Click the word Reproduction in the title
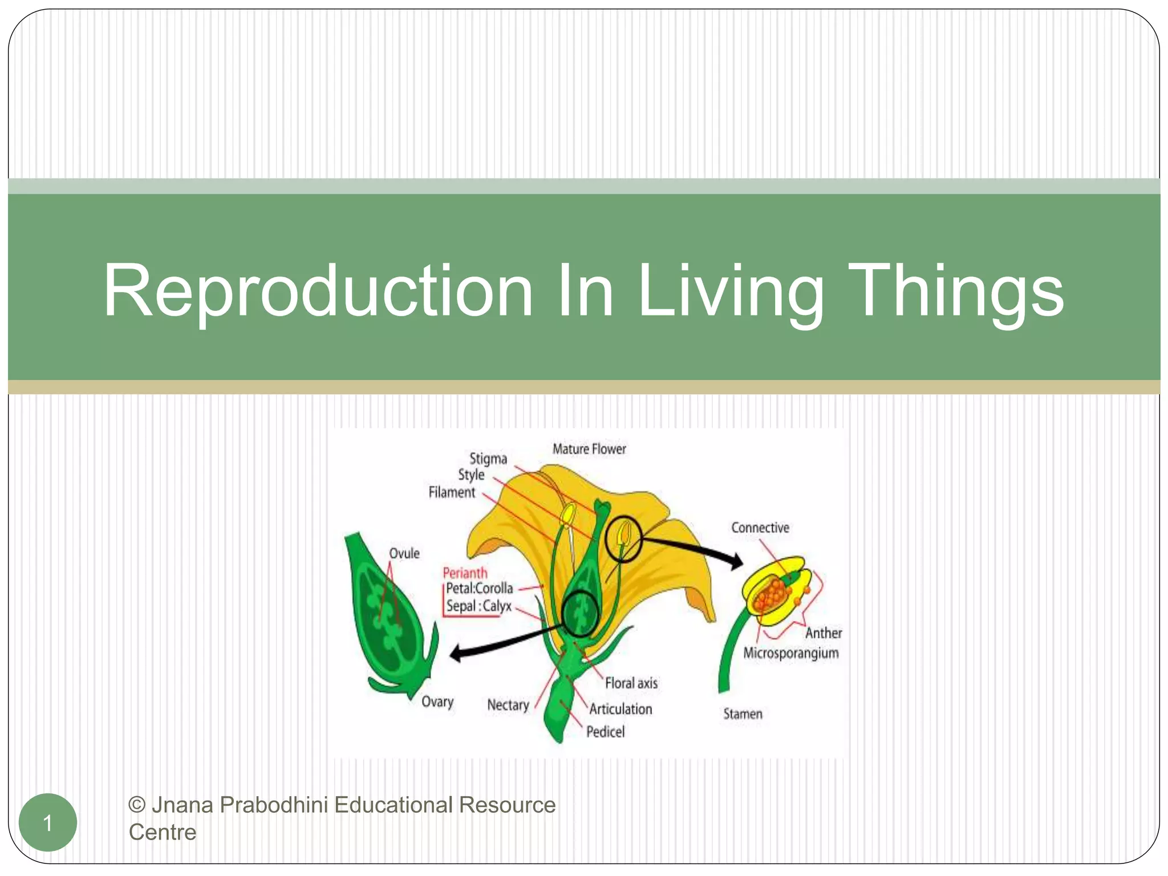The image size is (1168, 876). click(317, 291)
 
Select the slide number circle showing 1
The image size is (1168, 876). click(48, 822)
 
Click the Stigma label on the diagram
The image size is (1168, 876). click(488, 459)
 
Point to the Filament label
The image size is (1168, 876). click(452, 492)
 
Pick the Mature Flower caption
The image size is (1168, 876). click(589, 449)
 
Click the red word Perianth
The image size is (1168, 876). click(465, 573)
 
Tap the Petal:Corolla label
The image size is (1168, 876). click(479, 589)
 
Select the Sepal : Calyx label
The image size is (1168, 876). click(479, 606)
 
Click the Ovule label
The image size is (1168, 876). click(404, 553)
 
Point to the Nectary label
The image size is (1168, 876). click(508, 705)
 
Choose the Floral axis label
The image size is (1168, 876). click(631, 683)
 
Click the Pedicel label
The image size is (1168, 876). click(606, 732)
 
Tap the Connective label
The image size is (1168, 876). click(760, 528)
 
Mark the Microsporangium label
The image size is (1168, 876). click(791, 654)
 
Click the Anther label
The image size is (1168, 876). click(824, 633)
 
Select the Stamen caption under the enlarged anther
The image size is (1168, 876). click(743, 714)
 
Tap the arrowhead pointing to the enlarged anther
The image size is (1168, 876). click(737, 562)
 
